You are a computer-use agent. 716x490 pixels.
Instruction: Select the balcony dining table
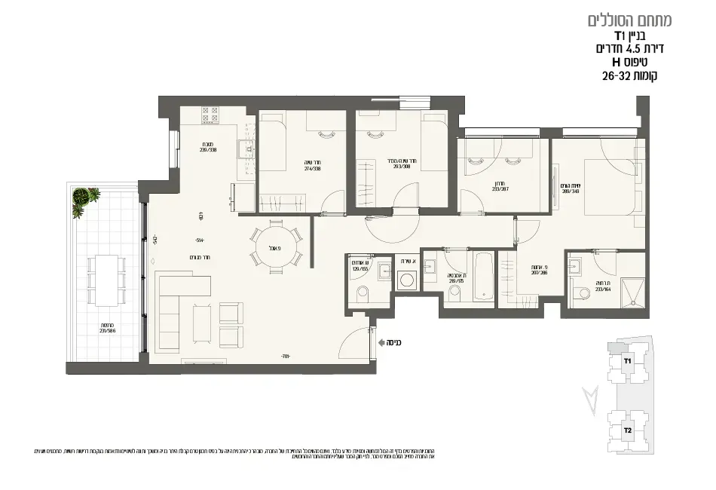tap(106, 277)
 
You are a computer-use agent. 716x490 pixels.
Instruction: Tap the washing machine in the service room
tap(407, 280)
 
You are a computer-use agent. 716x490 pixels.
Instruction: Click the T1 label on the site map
tap(627, 361)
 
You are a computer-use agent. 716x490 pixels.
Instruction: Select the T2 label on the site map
tap(627, 430)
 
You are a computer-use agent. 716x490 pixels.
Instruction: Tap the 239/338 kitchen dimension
tap(208, 149)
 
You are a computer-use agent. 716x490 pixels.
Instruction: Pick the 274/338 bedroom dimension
tap(291, 169)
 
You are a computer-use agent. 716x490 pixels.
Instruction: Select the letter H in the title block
tap(616, 62)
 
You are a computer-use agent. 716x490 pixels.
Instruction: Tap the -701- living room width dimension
tap(285, 356)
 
